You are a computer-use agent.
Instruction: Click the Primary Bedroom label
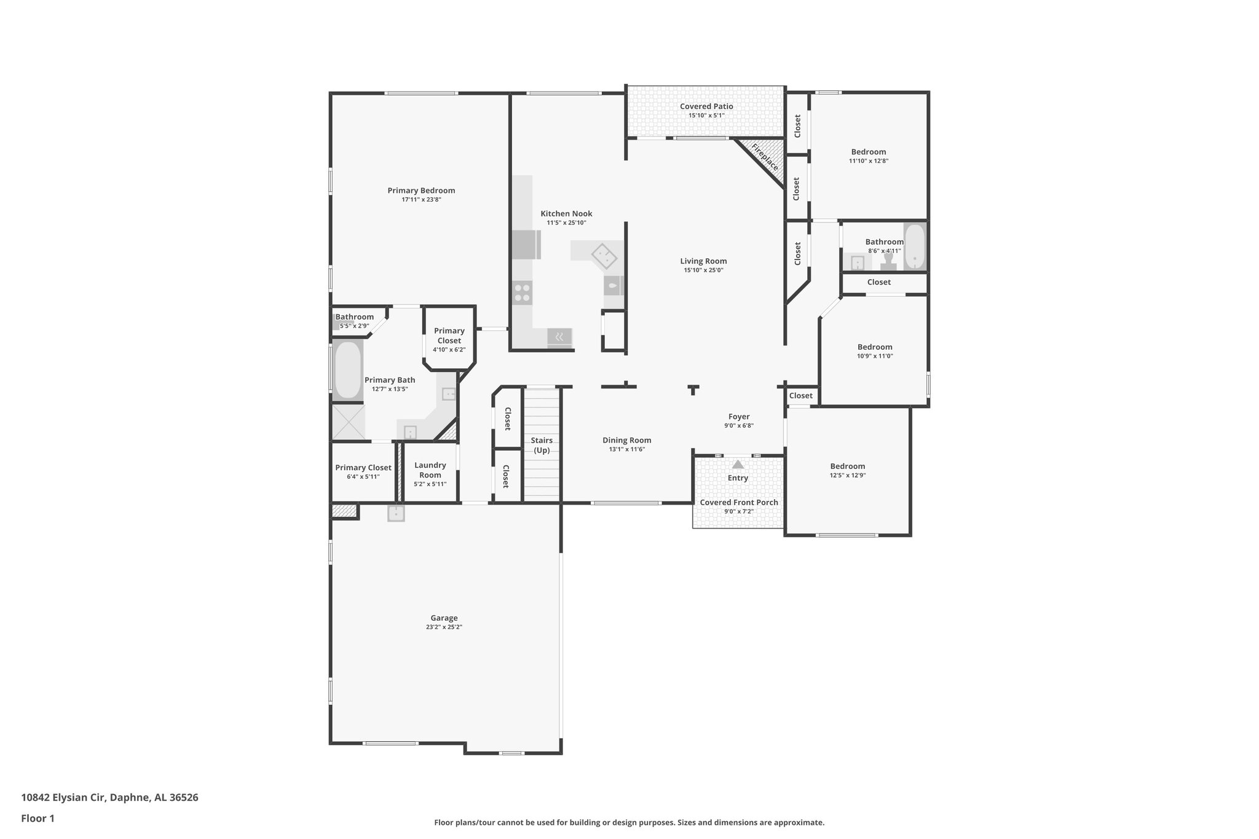pos(421,191)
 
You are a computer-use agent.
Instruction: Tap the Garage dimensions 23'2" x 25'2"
pos(444,627)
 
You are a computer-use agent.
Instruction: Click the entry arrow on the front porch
pos(738,465)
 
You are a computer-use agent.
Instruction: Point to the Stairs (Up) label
pos(542,445)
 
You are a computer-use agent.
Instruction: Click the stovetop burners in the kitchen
pos(523,293)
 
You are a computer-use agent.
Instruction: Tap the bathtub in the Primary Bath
pos(347,371)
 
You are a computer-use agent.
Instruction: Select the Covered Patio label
pos(706,106)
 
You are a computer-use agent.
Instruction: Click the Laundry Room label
pos(430,470)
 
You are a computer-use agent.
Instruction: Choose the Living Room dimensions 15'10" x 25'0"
pos(703,270)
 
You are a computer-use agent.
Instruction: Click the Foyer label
pos(739,417)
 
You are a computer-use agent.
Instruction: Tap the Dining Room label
pos(626,440)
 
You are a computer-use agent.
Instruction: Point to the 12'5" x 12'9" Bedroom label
pos(847,467)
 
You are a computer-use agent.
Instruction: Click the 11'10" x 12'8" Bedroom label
pos(868,152)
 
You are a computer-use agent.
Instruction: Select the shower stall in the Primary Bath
pos(348,422)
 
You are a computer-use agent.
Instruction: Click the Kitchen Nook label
pos(566,214)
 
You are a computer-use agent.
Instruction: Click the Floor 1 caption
pos(37,818)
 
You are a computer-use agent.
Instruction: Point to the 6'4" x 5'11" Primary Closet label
pos(363,468)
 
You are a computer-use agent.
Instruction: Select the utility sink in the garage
pos(396,513)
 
